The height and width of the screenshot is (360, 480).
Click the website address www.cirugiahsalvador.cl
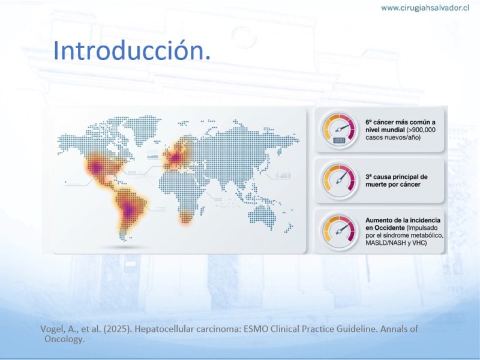(x=425, y=8)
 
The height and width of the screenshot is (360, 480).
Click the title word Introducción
(x=132, y=50)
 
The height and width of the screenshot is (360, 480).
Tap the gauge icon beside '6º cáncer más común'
(x=339, y=130)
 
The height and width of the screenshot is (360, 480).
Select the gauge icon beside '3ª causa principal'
(x=339, y=181)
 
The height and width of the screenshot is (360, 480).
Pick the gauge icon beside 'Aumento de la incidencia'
(x=339, y=232)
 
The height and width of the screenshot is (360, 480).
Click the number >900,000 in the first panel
(x=421, y=130)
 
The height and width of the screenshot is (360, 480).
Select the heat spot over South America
(x=130, y=209)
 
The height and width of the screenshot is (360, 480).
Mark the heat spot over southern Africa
(x=185, y=217)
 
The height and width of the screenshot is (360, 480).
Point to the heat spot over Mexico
(x=97, y=167)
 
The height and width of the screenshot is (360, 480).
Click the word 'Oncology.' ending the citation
(x=64, y=339)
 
